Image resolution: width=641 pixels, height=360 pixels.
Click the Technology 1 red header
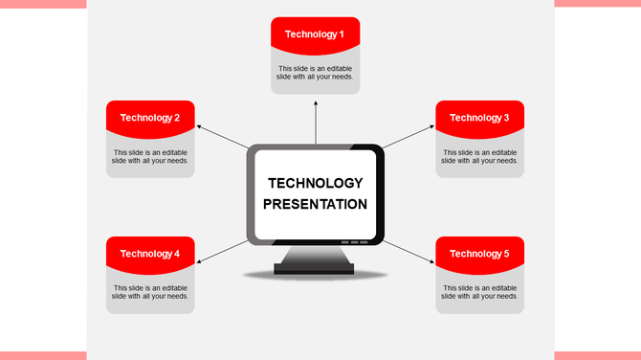point(315,34)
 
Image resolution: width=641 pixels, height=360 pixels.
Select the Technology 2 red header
point(150,118)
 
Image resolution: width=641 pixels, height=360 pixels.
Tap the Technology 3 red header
point(479,118)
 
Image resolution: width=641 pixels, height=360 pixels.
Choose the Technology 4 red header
point(150,254)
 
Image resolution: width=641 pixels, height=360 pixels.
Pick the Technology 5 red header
point(479,254)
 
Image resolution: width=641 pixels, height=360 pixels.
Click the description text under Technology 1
point(315,73)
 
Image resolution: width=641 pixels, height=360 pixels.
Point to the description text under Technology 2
point(150,156)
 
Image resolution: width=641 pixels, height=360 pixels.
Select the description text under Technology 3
point(479,156)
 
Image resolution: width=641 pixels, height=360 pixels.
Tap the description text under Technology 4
point(150,292)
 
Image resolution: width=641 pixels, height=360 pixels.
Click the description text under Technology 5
point(479,292)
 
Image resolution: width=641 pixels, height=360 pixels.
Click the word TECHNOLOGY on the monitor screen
point(315,183)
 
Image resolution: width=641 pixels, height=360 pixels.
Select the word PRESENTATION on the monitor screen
point(315,204)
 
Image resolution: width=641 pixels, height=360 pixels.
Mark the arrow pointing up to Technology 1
point(315,120)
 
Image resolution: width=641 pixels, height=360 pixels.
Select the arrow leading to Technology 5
point(409,251)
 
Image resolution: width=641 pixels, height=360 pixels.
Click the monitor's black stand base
point(315,269)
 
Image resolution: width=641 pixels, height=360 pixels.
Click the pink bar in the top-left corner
point(43,4)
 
